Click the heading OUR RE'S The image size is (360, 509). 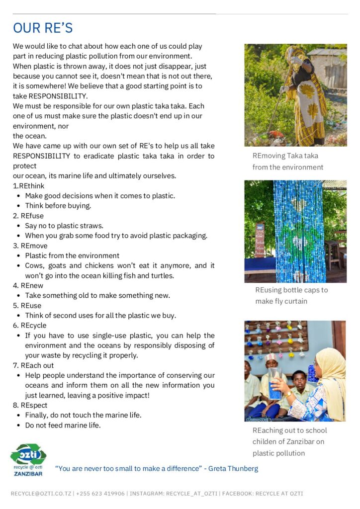tap(43, 27)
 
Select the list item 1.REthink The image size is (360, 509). tap(28, 186)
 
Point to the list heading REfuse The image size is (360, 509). tap(32, 216)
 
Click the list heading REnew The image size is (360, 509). tap(32, 285)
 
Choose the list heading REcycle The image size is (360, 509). tap(33, 325)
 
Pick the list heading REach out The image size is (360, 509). tap(37, 365)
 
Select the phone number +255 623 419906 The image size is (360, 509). tap(100, 494)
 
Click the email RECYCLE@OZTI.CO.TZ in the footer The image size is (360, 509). tap(42, 494)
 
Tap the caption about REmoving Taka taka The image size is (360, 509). tap(287, 162)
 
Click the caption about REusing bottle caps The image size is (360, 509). tap(291, 295)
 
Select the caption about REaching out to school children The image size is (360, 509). tap(289, 441)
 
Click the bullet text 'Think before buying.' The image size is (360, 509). tap(58, 206)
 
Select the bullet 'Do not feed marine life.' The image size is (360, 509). tap(63, 425)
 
